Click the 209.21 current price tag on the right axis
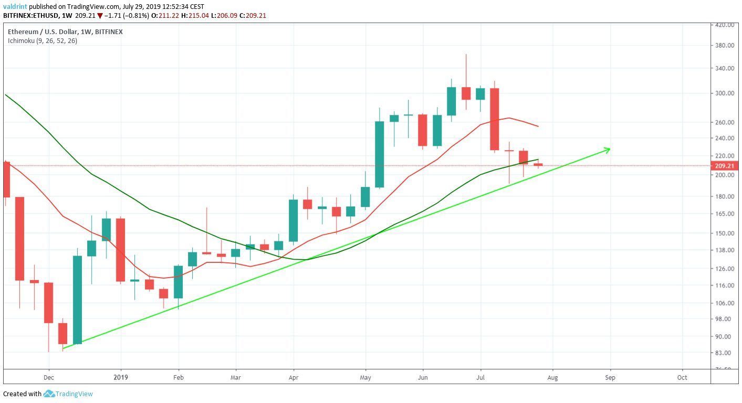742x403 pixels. (725, 166)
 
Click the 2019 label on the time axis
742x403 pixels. (121, 377)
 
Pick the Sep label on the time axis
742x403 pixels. (610, 377)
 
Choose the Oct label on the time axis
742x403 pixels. (682, 377)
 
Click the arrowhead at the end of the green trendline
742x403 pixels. (608, 150)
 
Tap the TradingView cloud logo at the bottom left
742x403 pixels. (49, 394)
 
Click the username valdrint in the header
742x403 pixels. (15, 6)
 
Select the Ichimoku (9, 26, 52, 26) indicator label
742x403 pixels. (42, 40)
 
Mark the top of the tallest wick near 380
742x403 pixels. (466, 55)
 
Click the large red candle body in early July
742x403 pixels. (494, 119)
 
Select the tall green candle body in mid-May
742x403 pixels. (379, 154)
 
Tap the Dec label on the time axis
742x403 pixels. (49, 377)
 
